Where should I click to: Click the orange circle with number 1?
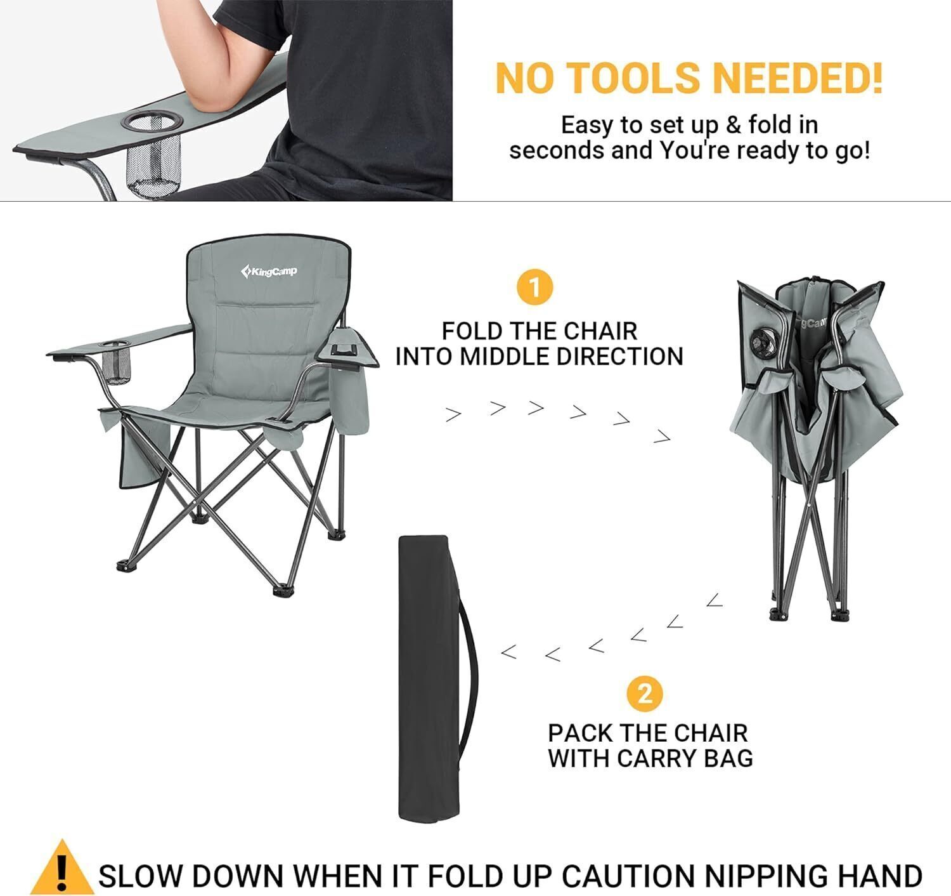(x=535, y=287)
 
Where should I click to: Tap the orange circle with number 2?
(x=645, y=694)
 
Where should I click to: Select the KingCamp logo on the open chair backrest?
(x=269, y=272)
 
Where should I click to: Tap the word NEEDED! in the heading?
(x=798, y=77)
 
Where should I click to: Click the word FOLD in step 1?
(x=472, y=331)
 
